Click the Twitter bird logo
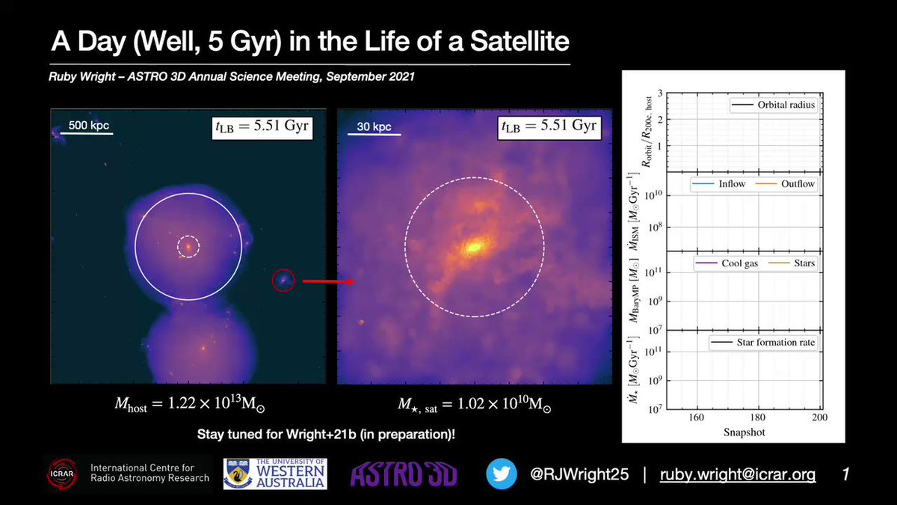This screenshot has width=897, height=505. [502, 474]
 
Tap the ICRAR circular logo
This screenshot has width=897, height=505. [62, 474]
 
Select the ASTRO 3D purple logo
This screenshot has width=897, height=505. [404, 474]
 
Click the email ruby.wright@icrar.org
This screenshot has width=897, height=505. [738, 474]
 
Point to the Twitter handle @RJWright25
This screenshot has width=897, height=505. [579, 474]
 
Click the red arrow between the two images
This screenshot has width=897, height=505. [328, 282]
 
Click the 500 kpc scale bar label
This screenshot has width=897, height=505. [88, 126]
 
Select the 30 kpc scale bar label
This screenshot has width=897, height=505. [374, 126]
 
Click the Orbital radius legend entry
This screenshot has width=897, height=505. [773, 105]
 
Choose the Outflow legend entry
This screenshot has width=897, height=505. [786, 184]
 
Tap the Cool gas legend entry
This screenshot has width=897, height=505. [727, 263]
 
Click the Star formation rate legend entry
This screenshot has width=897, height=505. [763, 343]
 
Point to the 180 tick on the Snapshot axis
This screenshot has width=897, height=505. [758, 417]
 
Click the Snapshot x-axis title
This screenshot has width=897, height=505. [744, 432]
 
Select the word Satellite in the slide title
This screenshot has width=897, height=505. [520, 41]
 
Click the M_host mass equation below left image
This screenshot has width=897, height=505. [190, 404]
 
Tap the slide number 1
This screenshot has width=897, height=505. [845, 474]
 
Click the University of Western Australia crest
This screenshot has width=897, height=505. [238, 474]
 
